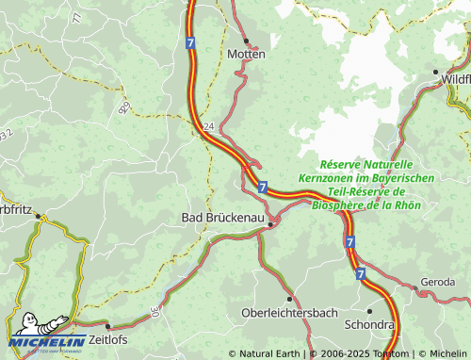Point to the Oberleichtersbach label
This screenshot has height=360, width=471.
pyautogui.click(x=289, y=313)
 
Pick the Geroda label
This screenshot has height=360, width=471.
pyautogui.click(x=438, y=283)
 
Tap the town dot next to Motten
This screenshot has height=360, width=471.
pyautogui.click(x=246, y=41)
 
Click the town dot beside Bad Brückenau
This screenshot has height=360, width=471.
pyautogui.click(x=271, y=224)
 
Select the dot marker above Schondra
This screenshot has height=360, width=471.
pyautogui.click(x=370, y=309)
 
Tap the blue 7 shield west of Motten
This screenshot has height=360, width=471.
pyautogui.click(x=190, y=43)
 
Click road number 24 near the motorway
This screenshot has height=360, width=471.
pyautogui.click(x=208, y=125)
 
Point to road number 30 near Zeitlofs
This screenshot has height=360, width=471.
pyautogui.click(x=154, y=311)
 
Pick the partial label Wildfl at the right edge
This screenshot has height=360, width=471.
pyautogui.click(x=455, y=80)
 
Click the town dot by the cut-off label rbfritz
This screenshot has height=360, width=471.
pyautogui.click(x=39, y=216)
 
